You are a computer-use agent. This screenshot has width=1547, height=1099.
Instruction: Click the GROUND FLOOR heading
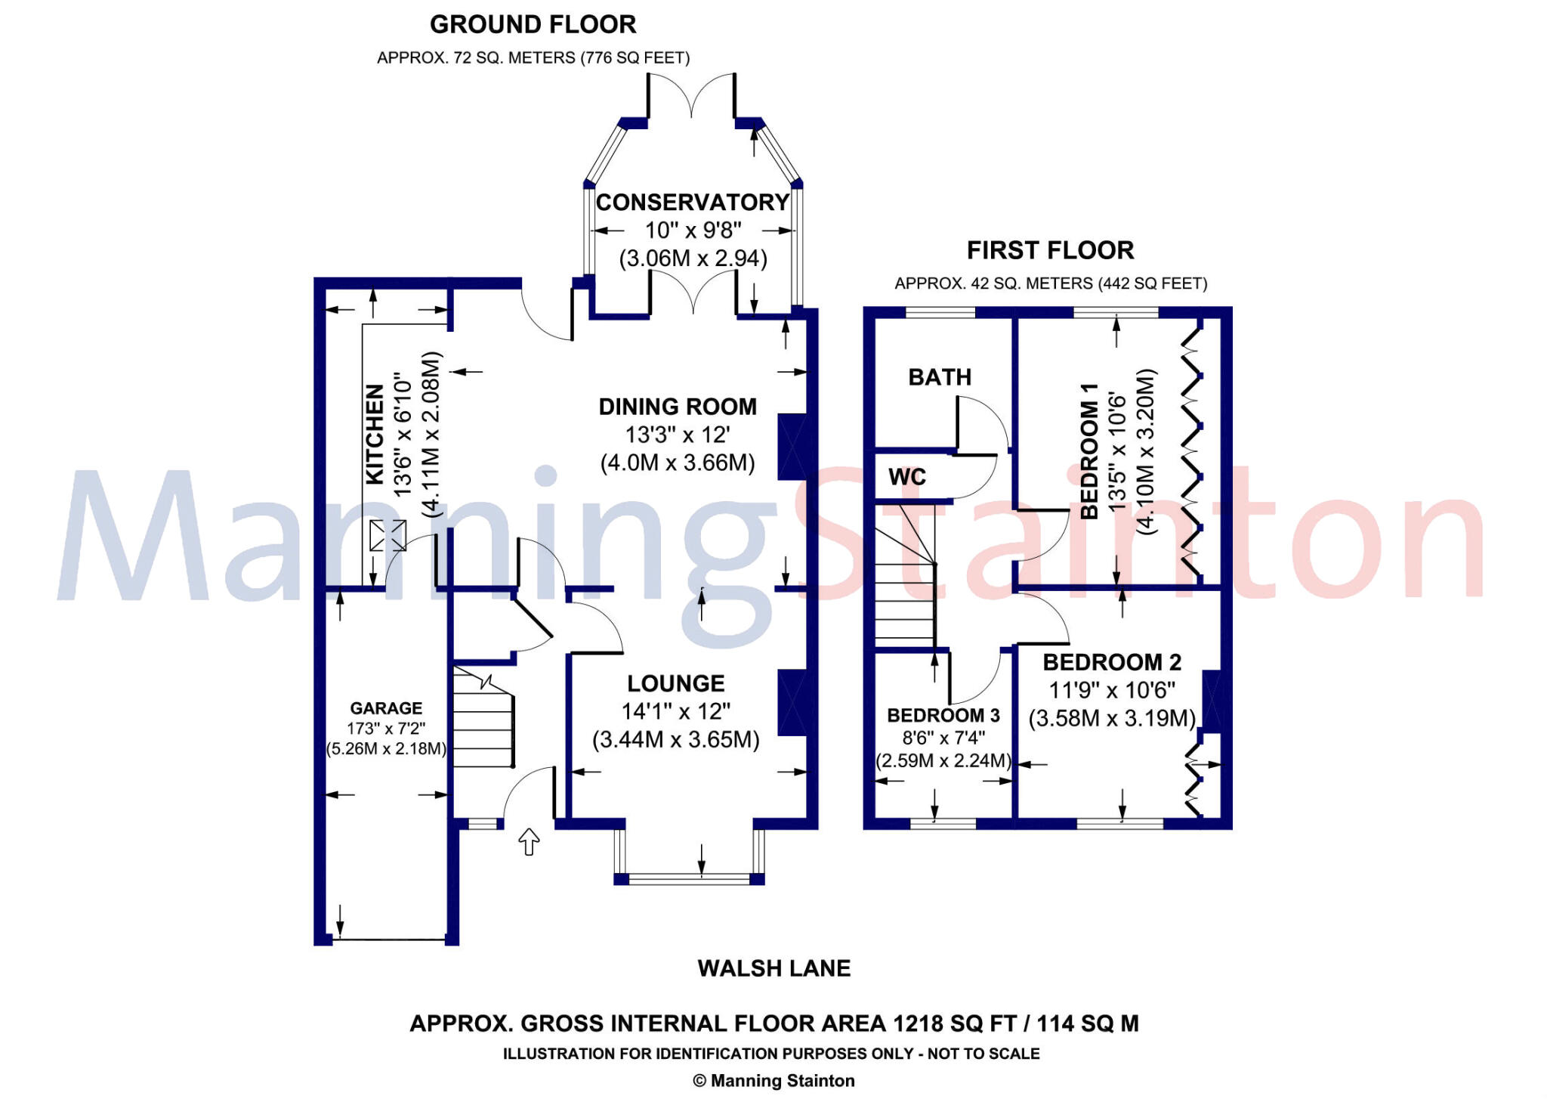click(533, 25)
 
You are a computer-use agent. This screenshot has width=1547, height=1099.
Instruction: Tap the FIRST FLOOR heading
click(1050, 250)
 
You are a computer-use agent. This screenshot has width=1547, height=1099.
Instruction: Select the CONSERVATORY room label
click(692, 203)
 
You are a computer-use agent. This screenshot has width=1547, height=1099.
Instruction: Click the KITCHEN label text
click(375, 434)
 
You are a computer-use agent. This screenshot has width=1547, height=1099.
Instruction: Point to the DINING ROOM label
click(678, 407)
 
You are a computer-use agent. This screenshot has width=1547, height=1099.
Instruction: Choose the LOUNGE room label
click(675, 683)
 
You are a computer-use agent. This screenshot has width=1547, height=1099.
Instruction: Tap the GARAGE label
click(386, 708)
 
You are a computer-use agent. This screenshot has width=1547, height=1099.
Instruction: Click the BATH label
click(940, 377)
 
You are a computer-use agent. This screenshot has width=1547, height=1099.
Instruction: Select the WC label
click(906, 477)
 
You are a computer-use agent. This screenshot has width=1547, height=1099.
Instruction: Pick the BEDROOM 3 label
click(943, 715)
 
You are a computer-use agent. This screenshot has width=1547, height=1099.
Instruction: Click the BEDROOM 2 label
click(1112, 662)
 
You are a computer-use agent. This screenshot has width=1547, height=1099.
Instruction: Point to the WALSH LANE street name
click(773, 968)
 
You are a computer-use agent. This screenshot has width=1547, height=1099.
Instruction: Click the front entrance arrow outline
click(529, 841)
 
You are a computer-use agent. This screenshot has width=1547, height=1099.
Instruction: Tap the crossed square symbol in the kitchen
click(388, 536)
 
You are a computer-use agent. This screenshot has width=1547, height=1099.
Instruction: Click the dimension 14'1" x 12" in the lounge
click(675, 711)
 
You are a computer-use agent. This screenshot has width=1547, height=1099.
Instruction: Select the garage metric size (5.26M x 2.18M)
click(386, 749)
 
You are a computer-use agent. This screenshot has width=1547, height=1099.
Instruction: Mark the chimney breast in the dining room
click(792, 447)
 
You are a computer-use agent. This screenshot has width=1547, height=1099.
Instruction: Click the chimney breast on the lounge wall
click(792, 703)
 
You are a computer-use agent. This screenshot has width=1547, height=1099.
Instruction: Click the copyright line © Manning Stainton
click(773, 1081)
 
